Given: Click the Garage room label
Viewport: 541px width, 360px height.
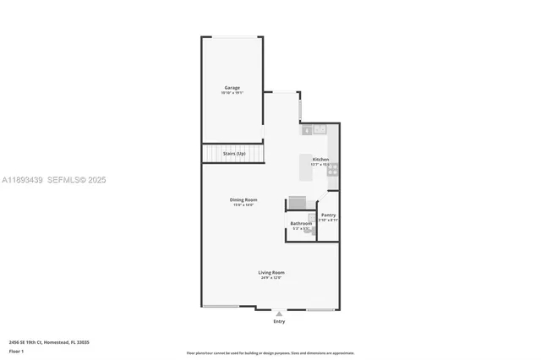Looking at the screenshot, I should [x=232, y=88].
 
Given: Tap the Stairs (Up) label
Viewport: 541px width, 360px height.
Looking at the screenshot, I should [x=234, y=153].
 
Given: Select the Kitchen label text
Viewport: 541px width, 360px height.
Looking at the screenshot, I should [x=320, y=160].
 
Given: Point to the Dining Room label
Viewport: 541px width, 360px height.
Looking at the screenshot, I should [x=243, y=199].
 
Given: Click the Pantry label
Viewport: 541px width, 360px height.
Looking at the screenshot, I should [x=328, y=215].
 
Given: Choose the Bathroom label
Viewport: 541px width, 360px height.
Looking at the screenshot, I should [x=301, y=223].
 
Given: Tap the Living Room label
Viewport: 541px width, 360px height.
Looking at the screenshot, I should [x=271, y=272].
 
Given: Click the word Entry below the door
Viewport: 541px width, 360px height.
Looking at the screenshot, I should [x=279, y=321].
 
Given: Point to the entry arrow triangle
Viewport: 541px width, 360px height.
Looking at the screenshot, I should [x=279, y=314].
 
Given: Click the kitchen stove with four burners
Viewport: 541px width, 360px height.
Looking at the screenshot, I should [x=333, y=168].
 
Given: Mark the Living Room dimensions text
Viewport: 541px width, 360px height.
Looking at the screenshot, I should [x=271, y=278].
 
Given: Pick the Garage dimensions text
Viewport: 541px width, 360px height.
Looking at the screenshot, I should [x=232, y=93].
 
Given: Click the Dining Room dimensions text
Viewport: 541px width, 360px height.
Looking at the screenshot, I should [x=243, y=205].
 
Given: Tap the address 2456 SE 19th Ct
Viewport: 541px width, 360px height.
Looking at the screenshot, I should [x=49, y=342].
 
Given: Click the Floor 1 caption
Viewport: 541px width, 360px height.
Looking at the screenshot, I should [x=17, y=350].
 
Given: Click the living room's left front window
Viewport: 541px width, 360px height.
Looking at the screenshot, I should [x=220, y=307].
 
